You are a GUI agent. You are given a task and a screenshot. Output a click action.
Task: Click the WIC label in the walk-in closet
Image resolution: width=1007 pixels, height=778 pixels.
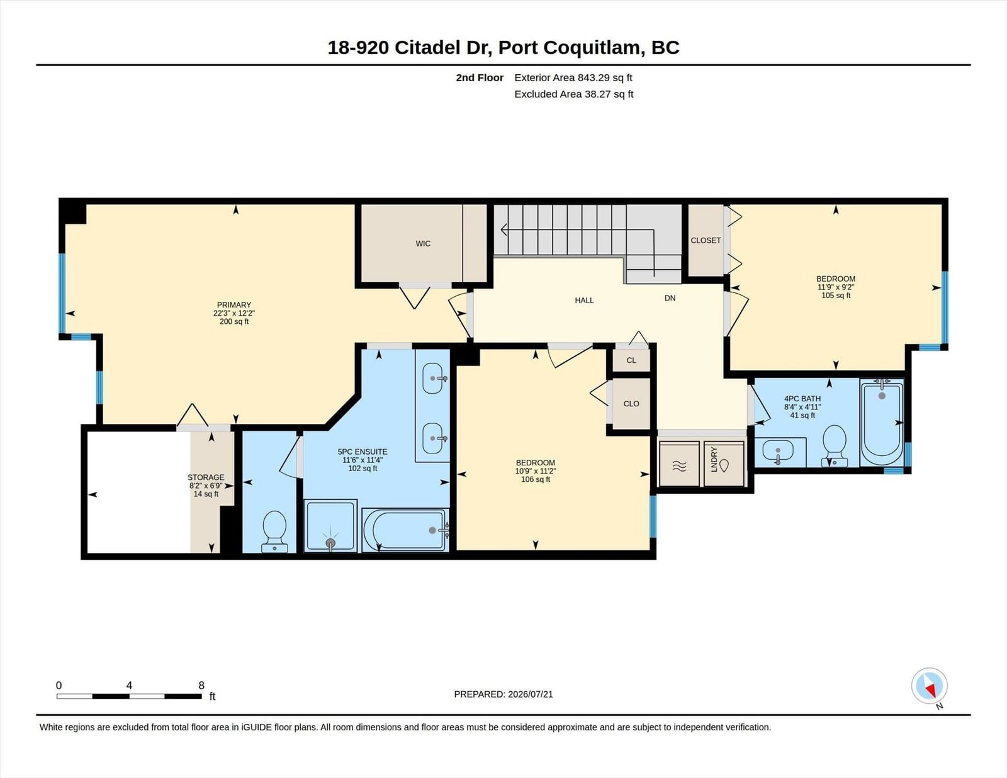pos(423,243)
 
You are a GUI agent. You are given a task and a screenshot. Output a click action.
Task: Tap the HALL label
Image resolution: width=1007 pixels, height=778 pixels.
pos(584,300)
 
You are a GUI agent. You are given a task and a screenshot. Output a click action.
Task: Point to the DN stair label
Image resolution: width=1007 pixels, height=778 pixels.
pos(670,298)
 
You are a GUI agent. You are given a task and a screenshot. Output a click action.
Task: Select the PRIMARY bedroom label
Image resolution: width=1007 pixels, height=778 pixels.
pos(234,304)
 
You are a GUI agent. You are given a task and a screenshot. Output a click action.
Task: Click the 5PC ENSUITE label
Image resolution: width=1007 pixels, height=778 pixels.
pos(363,452)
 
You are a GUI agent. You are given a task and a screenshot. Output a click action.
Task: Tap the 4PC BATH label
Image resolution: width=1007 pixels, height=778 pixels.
pos(802,399)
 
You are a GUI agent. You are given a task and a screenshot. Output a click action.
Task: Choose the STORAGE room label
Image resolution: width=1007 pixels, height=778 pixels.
pos(206,477)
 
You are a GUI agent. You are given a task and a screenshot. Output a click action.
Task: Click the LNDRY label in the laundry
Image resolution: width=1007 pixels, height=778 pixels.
pos(714,459)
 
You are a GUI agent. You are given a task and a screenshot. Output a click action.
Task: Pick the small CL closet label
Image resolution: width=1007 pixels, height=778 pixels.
pos(631,360)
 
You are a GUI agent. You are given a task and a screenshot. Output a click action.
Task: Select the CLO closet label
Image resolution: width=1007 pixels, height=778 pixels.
pos(631,404)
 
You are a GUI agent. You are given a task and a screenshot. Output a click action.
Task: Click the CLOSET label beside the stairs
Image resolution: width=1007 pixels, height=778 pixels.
pos(706,240)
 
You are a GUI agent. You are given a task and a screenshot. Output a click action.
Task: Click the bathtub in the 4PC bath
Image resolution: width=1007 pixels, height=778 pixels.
pos(882,423)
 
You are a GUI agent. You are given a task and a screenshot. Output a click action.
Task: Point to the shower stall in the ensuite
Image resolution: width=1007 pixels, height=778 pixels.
pos(330,526)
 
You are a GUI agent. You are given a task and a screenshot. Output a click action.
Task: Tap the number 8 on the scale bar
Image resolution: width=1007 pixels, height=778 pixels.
pos(201,686)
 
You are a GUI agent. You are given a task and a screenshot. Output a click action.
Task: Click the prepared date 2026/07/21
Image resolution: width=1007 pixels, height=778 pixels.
pos(530,694)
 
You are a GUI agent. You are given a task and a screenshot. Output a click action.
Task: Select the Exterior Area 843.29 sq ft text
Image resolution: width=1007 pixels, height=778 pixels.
pos(573,78)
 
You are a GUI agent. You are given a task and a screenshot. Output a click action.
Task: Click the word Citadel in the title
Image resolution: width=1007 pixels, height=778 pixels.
pos(428,48)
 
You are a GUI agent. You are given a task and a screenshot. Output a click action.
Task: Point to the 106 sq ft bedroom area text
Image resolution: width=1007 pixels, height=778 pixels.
pos(535,479)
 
